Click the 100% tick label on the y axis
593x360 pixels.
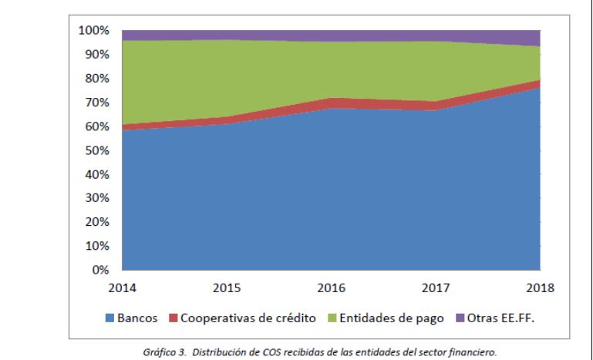coord(94,31)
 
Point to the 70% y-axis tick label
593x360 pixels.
coord(97,103)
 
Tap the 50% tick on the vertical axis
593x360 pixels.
coord(97,150)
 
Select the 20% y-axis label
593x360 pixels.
coord(97,222)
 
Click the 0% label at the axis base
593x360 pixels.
coord(100,270)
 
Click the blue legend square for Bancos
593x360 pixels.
coord(110,317)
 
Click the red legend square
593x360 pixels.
coord(173,317)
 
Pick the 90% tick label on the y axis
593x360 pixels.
coord(97,55)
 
